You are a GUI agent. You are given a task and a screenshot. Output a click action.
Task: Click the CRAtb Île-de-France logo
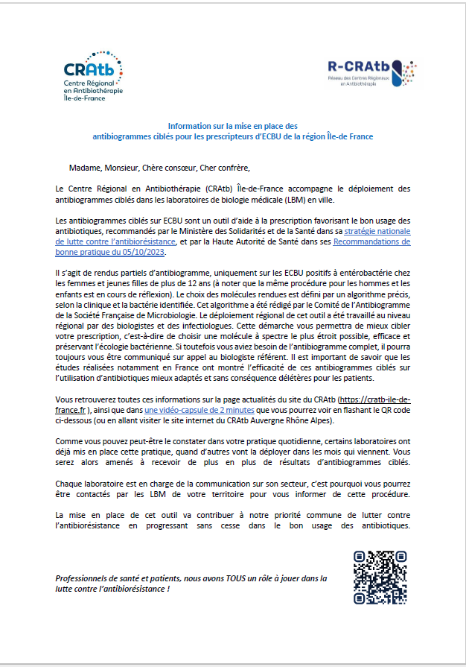[x=93, y=76]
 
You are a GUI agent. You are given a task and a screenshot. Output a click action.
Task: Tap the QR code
[x=380, y=577]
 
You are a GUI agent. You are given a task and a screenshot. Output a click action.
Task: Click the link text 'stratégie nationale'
[x=376, y=231]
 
